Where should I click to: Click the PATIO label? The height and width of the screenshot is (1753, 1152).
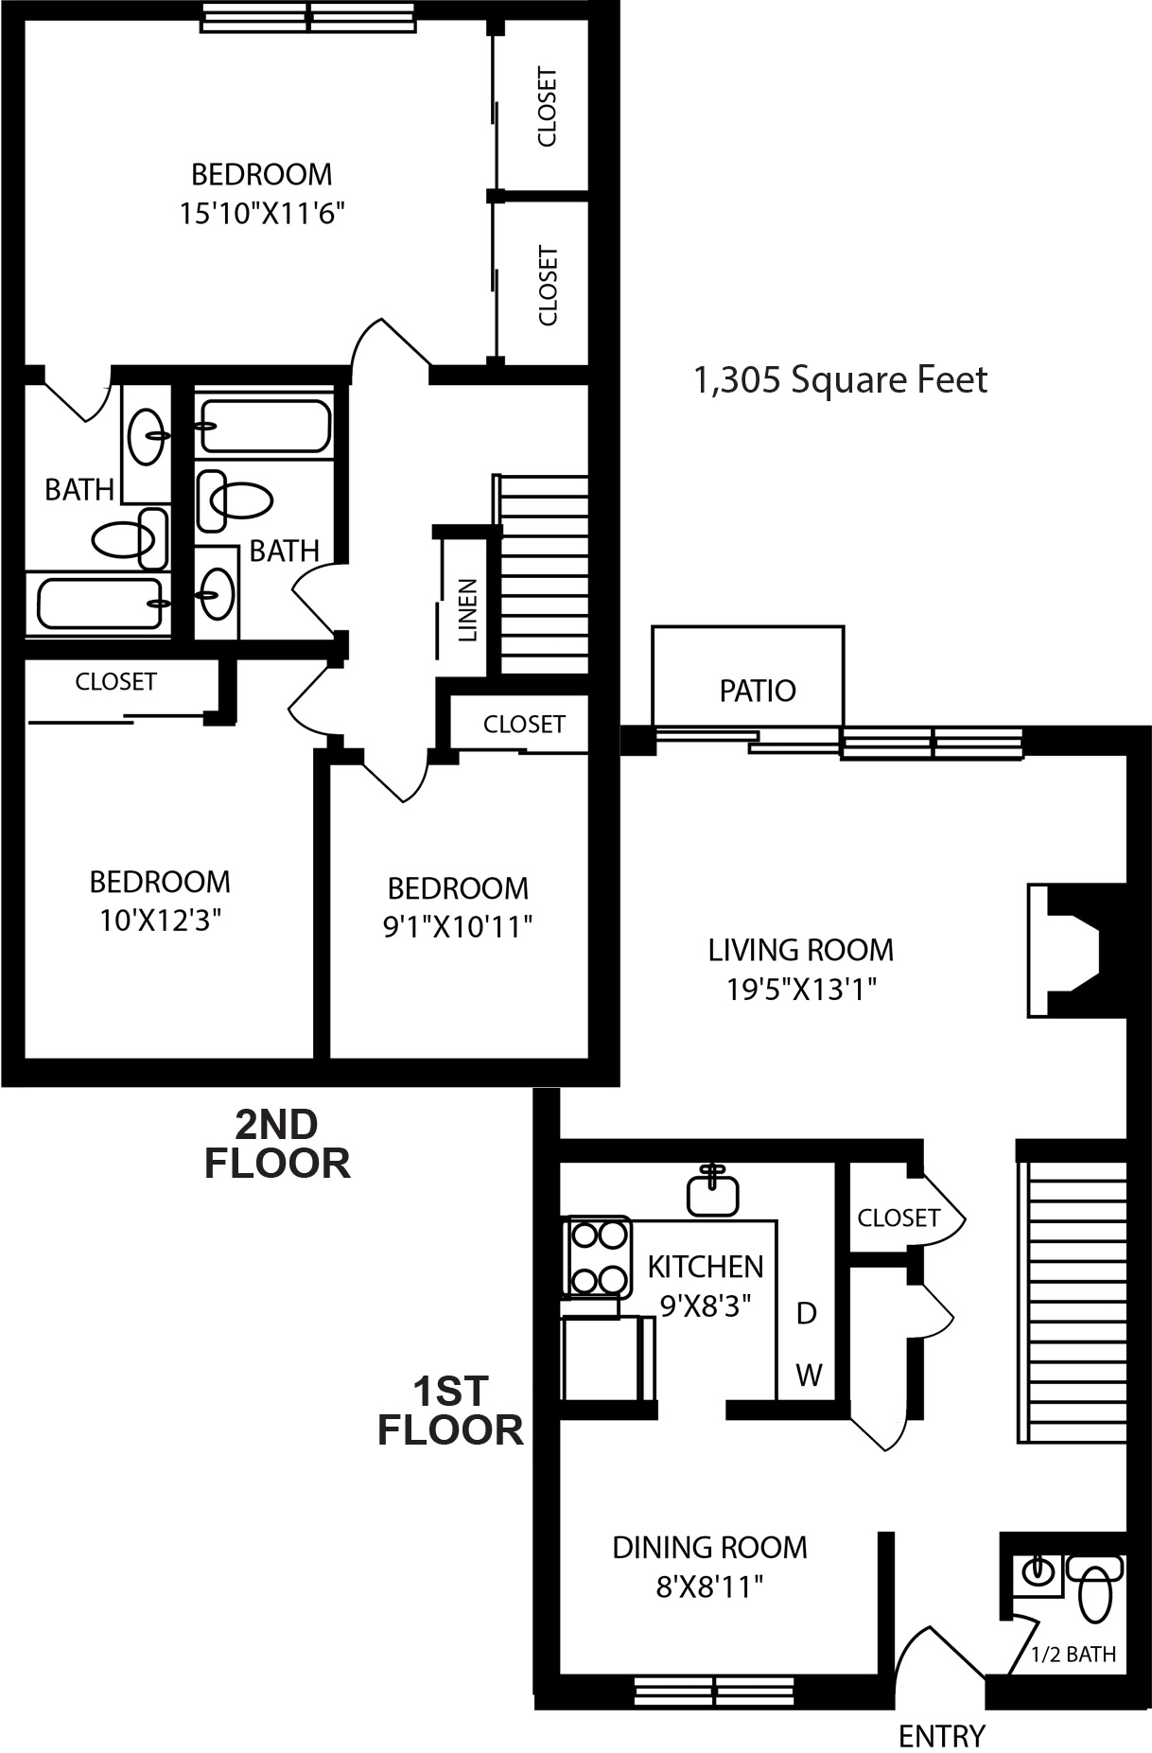(758, 691)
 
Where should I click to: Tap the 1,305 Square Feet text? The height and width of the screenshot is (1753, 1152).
(841, 380)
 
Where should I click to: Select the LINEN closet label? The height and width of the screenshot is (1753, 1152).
(467, 611)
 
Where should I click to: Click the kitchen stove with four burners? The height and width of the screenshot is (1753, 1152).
(598, 1256)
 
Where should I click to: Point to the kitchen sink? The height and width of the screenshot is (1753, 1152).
(711, 1189)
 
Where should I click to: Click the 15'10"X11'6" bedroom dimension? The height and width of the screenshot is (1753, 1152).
(261, 214)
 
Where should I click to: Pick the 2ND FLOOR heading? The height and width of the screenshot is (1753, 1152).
(277, 1144)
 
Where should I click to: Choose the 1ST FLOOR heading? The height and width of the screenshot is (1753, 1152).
(450, 1411)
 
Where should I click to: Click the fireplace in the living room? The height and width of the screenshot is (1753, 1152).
(1077, 951)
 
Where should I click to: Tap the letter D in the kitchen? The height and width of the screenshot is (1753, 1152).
(807, 1313)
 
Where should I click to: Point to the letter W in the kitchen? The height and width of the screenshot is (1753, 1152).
(809, 1375)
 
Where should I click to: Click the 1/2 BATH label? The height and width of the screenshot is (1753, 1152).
(1073, 1655)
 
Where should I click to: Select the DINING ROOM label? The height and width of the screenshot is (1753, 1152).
(710, 1548)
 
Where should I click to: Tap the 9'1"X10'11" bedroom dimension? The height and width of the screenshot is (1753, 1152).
(458, 926)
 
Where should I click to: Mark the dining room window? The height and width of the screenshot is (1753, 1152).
(713, 1688)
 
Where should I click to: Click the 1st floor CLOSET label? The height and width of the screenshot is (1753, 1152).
(899, 1218)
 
